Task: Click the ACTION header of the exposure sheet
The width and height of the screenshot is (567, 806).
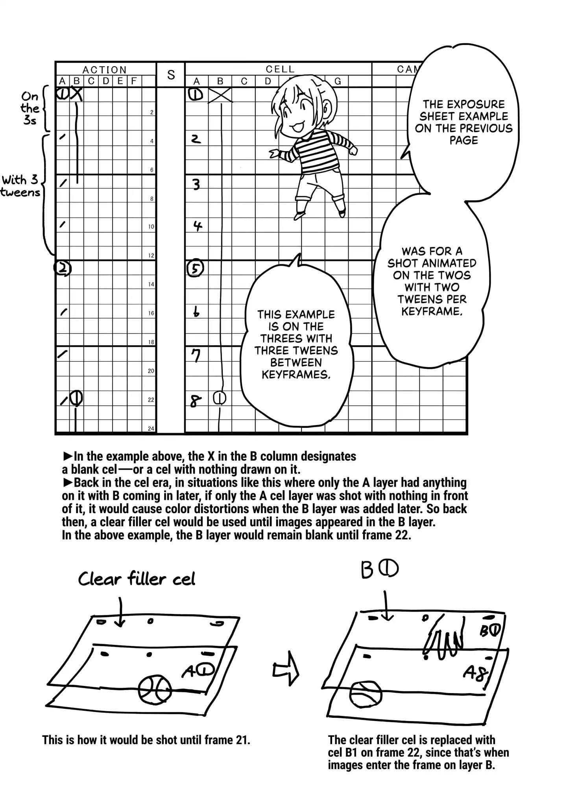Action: coord(105,70)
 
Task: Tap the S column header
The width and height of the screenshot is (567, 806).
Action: coord(171,74)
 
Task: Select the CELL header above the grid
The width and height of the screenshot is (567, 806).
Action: coord(280,69)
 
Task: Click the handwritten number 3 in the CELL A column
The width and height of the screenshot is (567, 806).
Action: coord(196,184)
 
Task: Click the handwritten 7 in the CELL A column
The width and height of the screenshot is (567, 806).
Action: coord(196,355)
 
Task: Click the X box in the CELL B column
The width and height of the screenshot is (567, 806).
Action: coord(220,95)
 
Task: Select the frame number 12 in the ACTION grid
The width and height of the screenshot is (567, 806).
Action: coord(151,255)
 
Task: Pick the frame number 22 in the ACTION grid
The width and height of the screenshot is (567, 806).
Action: coord(151,400)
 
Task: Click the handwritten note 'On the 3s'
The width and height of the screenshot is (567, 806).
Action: coord(30,108)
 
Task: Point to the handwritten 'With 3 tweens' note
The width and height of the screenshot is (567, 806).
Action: coord(20,186)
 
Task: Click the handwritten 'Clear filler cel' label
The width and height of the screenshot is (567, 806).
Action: coord(137,579)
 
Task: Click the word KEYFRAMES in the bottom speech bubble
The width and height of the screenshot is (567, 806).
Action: coord(296,375)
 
